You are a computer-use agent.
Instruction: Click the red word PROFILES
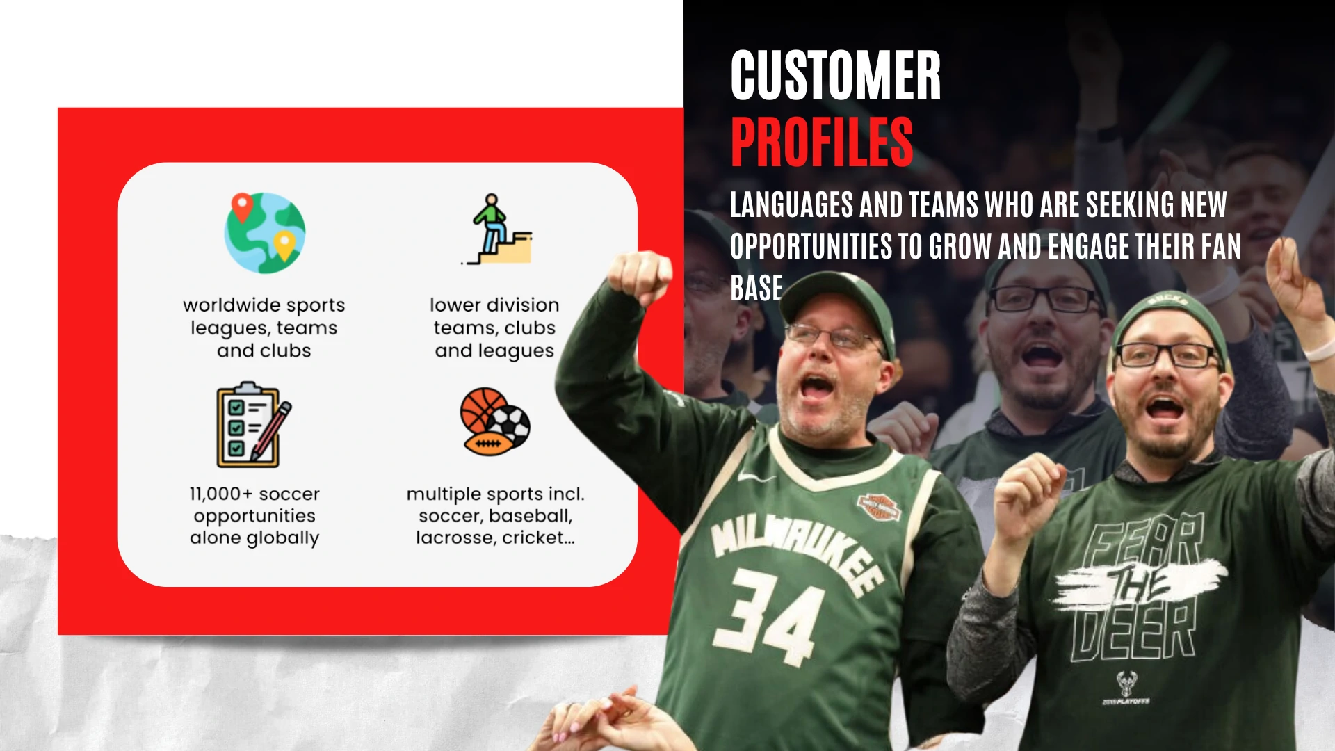click(822, 142)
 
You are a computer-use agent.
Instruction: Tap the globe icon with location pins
click(265, 232)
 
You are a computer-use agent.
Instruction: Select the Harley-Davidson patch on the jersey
click(878, 506)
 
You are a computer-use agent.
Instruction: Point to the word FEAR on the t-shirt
click(1144, 543)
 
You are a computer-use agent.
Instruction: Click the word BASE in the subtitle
click(756, 288)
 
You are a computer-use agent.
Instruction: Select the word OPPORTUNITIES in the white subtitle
click(811, 246)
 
